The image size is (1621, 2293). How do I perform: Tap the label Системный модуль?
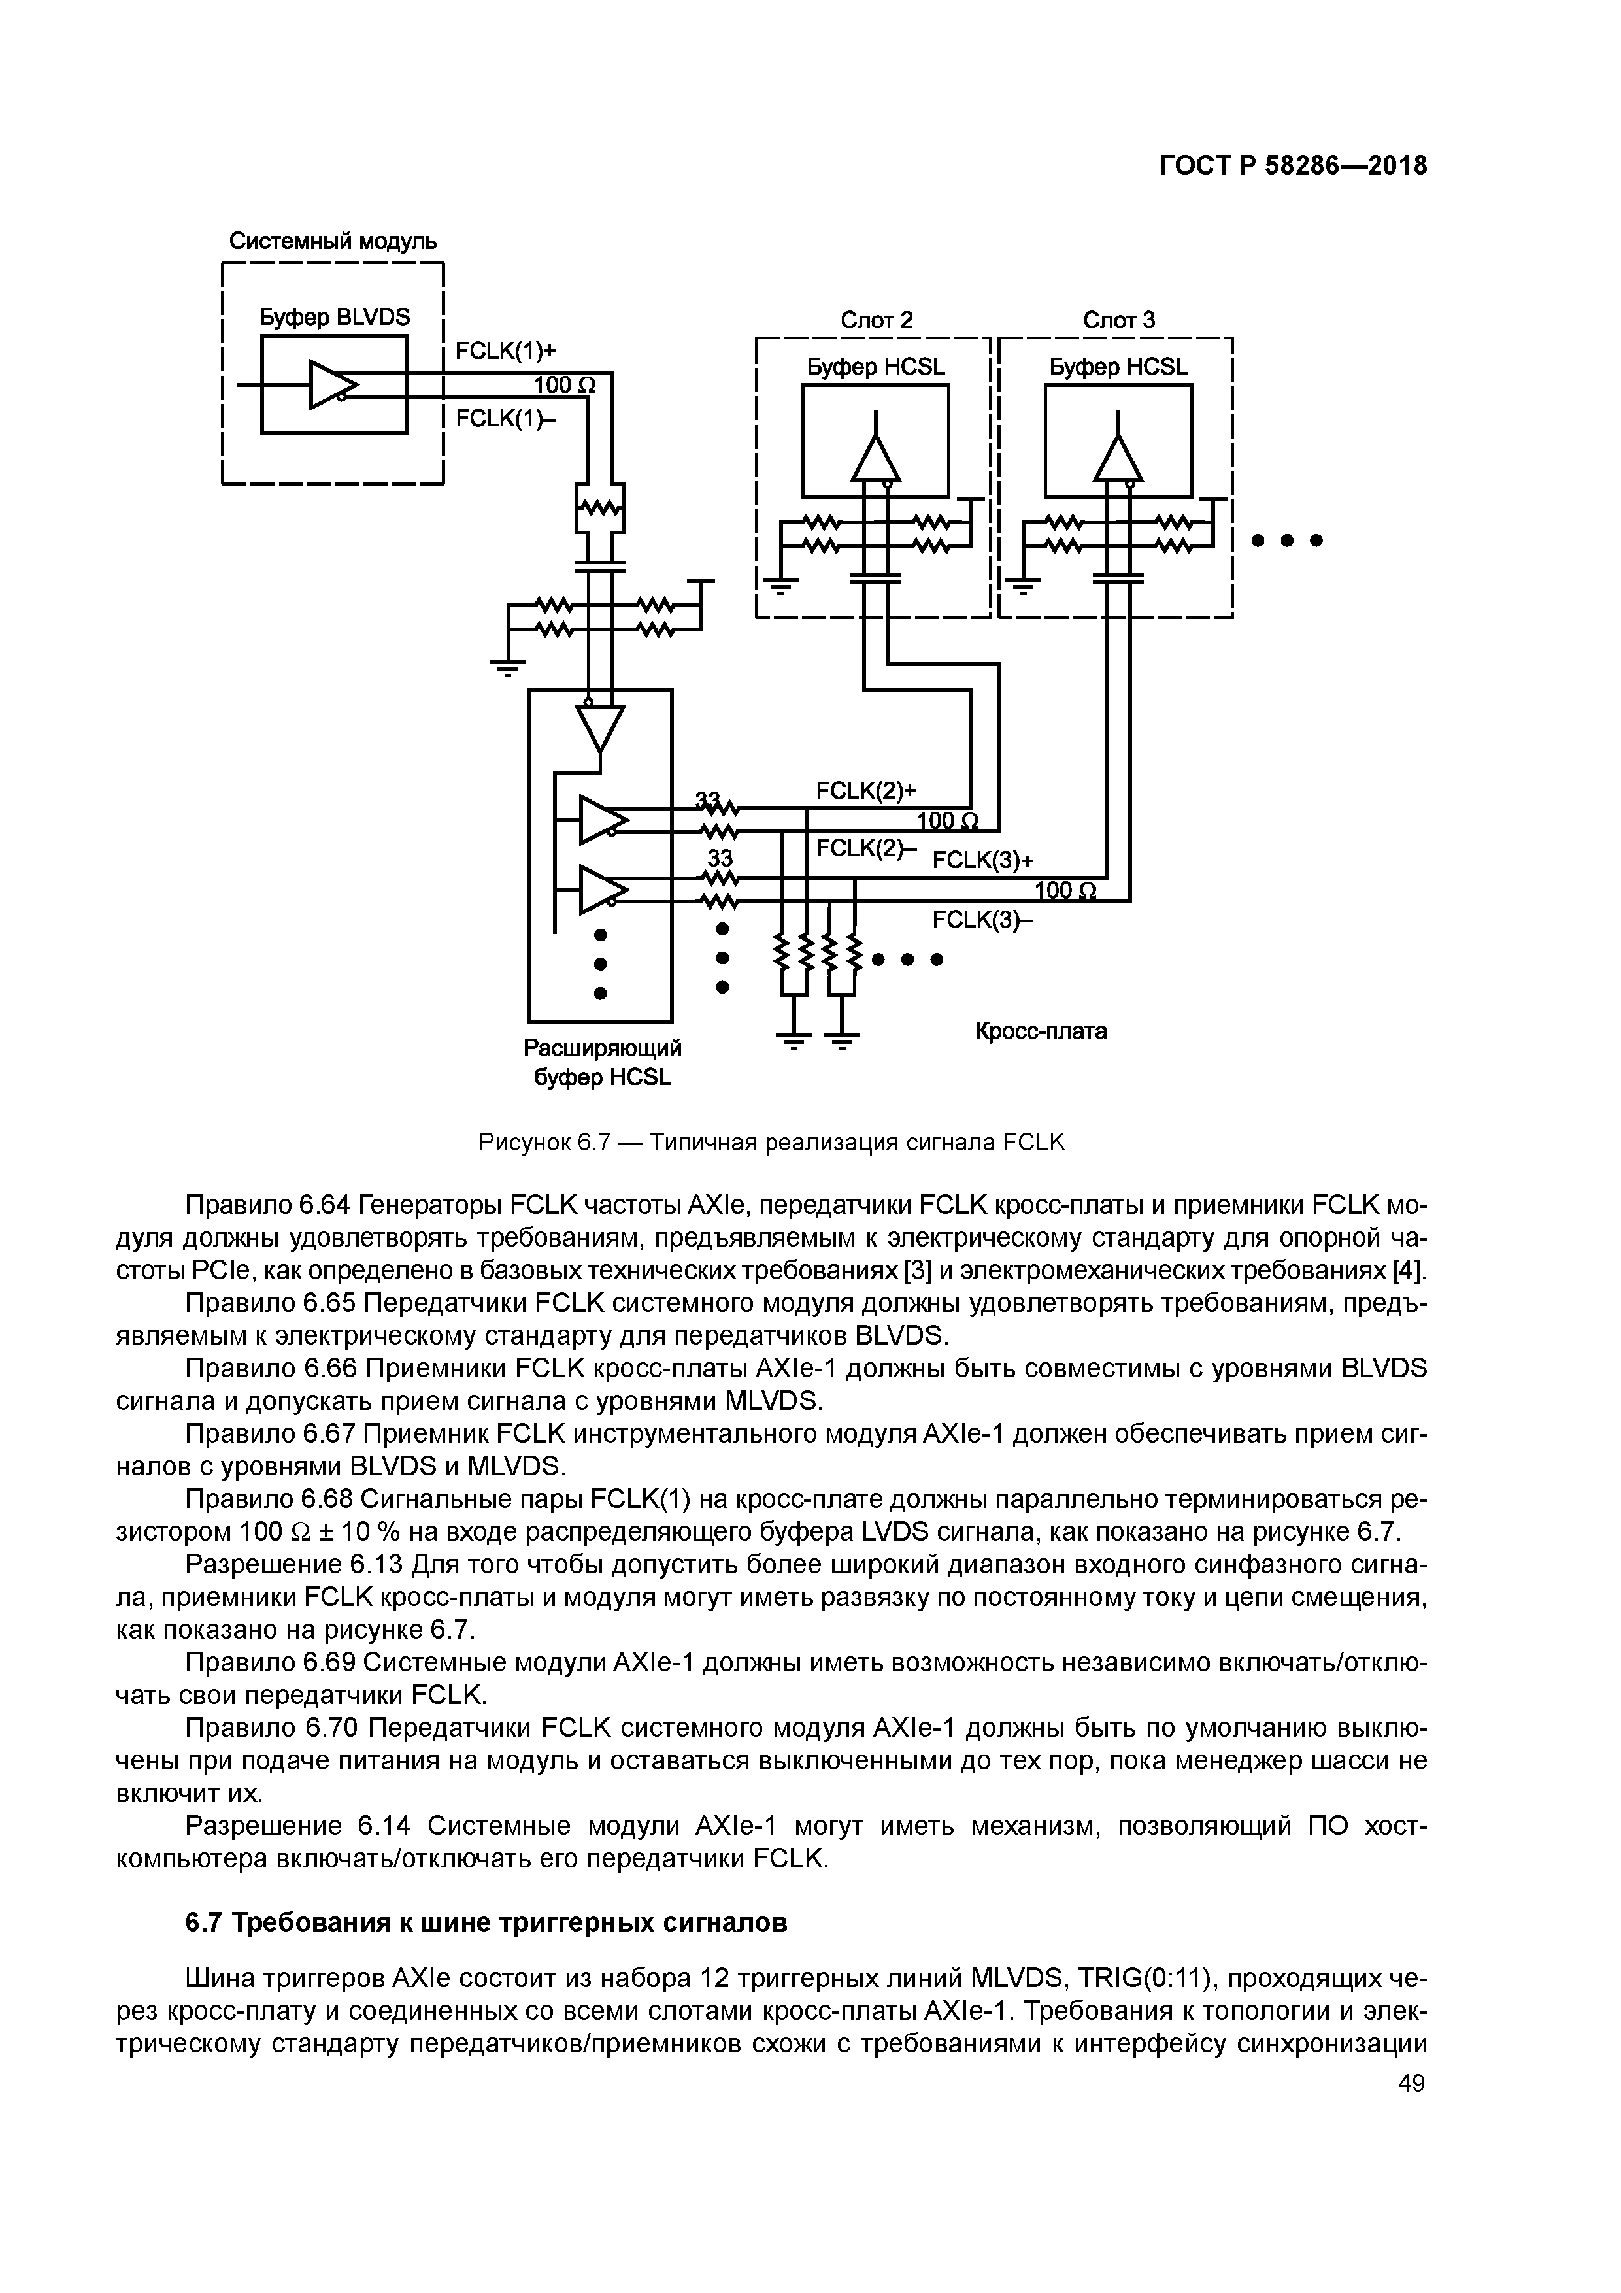tap(333, 242)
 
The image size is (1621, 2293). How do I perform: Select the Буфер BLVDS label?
tap(335, 318)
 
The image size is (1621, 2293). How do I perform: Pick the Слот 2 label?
tap(876, 320)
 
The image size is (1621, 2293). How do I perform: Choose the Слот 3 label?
tap(1118, 320)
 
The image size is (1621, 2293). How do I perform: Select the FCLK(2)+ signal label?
tap(866, 791)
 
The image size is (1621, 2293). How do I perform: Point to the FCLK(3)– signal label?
tap(982, 919)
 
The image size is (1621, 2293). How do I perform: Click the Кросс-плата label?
tap(1041, 1031)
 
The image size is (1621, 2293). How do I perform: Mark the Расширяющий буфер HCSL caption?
tap(602, 1063)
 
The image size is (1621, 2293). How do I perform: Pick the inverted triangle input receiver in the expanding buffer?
tap(600, 727)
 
